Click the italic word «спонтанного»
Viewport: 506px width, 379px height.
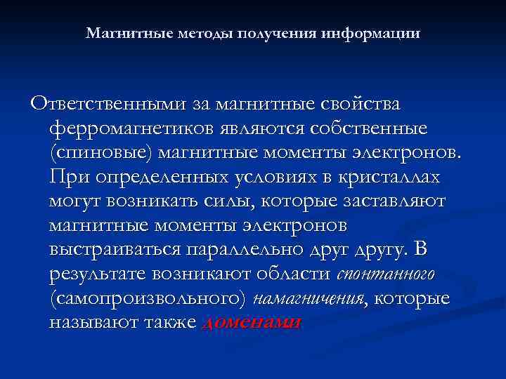[387, 274]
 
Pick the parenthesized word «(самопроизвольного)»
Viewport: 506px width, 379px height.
[148, 298]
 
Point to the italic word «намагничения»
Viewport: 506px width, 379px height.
[311, 299]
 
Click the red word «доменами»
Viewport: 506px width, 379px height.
[251, 323]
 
